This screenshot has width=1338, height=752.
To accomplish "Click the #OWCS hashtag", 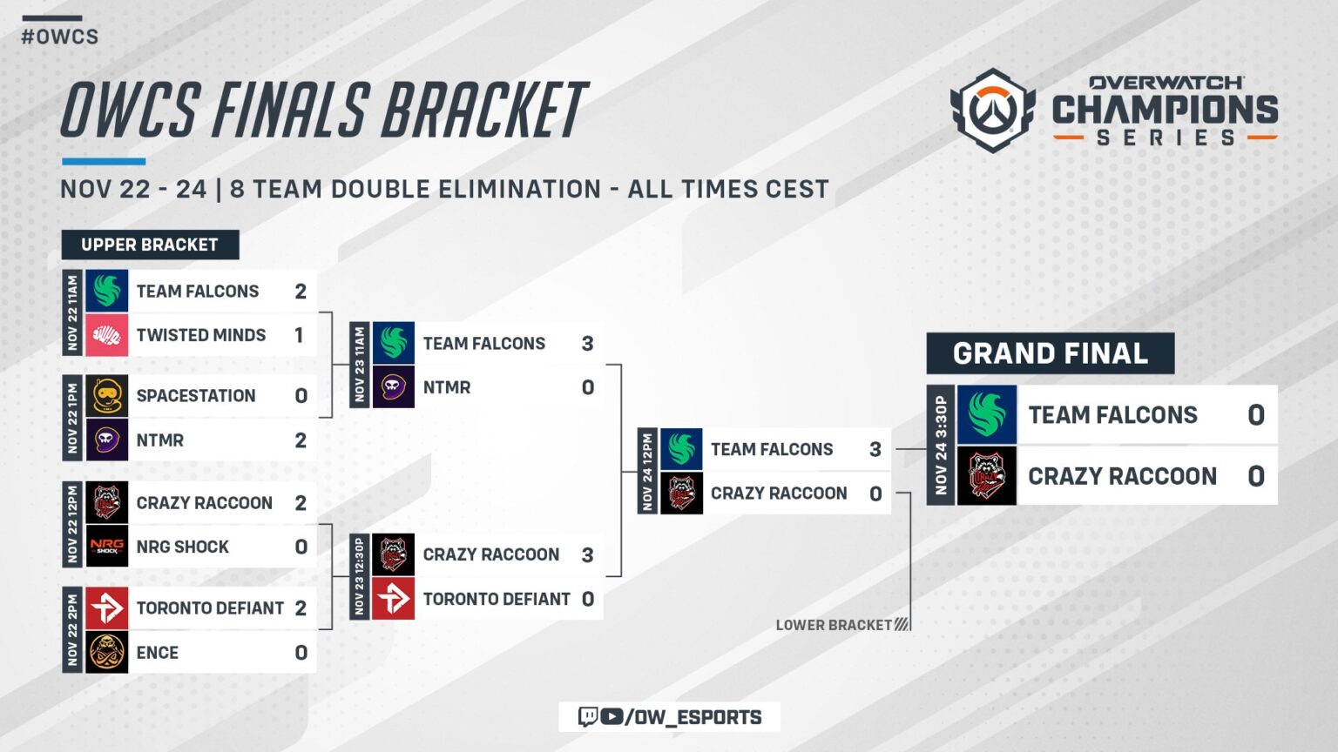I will coord(59,37).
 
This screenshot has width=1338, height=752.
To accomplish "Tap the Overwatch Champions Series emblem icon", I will coord(992,111).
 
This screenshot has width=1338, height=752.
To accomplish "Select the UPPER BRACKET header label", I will coord(150,245).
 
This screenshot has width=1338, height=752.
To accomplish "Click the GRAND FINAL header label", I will coord(1050,353).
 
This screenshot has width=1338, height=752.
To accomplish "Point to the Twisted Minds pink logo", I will coord(107,335).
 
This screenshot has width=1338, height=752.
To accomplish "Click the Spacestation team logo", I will coord(107,396).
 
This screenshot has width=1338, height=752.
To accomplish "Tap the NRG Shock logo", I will coord(107,547).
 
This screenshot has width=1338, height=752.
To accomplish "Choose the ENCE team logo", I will coord(107,653).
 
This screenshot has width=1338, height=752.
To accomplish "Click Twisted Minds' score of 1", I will coord(299,335).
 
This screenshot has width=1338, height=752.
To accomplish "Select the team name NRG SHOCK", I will coord(183,547).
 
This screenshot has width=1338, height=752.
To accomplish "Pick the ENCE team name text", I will coord(158,653).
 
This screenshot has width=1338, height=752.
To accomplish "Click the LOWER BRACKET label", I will coord(834,625).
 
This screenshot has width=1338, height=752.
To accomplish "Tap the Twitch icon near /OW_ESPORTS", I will coord(588,716).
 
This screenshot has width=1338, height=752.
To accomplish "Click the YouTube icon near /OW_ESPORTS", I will coord(612,716).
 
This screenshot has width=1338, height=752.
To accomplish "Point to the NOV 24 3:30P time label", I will coord(941,445).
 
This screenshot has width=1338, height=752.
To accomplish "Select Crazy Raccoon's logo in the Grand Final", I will coord(987,476).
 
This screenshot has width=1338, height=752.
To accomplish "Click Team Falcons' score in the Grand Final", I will coord(1255,415).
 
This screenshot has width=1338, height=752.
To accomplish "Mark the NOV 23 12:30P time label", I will coord(359,576).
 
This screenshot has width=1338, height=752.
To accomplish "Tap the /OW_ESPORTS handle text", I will coord(693,717).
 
